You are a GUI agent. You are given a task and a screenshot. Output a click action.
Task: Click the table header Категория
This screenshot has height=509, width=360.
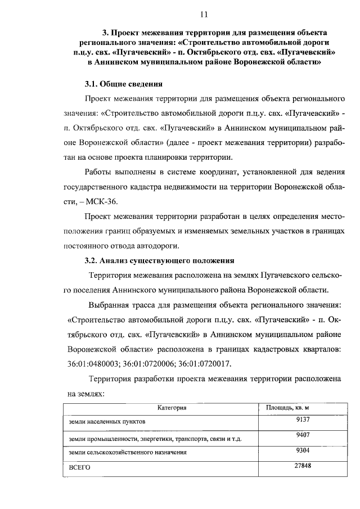pos(172,407)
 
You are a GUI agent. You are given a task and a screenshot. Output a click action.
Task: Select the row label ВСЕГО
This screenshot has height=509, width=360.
pos(79,468)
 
